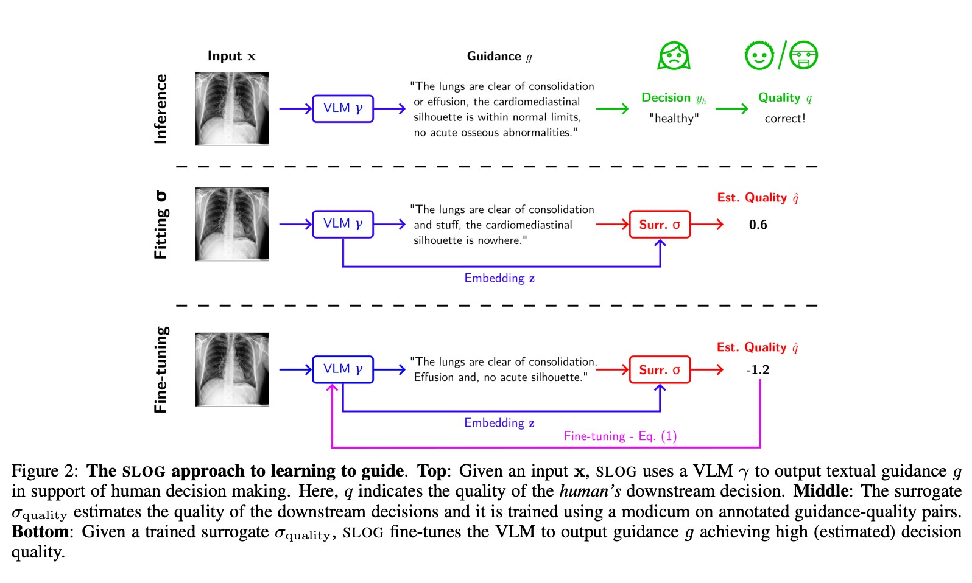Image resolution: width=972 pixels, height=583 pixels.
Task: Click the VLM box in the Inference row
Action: click(x=342, y=109)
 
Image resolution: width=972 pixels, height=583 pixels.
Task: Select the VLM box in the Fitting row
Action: click(x=342, y=224)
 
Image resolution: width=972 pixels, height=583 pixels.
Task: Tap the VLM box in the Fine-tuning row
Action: click(x=342, y=369)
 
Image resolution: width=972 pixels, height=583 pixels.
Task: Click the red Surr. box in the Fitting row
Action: click(x=660, y=225)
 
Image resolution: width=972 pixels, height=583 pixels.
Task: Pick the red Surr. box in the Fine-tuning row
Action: click(x=660, y=370)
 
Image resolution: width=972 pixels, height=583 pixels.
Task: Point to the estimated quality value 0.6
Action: click(x=758, y=225)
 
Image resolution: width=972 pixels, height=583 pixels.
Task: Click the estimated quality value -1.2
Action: click(x=758, y=370)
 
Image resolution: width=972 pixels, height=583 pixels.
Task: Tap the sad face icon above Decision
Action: click(x=674, y=56)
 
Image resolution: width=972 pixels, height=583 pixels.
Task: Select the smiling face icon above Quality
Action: click(x=759, y=55)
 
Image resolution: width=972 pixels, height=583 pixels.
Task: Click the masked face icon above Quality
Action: click(x=803, y=55)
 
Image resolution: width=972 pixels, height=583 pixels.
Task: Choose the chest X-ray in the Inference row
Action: click(x=232, y=109)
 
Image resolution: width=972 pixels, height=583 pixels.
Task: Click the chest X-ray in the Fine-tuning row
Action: click(x=232, y=369)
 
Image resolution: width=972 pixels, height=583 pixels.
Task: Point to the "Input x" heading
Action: click(x=231, y=56)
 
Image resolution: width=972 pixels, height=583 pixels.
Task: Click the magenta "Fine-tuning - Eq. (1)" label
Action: click(x=620, y=436)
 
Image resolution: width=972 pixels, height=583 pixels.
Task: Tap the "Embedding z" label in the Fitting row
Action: click(x=499, y=278)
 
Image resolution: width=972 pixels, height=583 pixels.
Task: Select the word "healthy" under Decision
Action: click(x=674, y=119)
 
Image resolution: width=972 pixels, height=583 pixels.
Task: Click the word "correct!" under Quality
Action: click(x=785, y=119)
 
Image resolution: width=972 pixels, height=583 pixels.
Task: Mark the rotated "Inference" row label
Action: click(x=161, y=109)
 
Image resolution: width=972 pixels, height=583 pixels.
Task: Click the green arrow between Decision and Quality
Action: click(x=731, y=109)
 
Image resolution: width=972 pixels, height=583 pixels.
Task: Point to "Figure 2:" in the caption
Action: click(x=44, y=471)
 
